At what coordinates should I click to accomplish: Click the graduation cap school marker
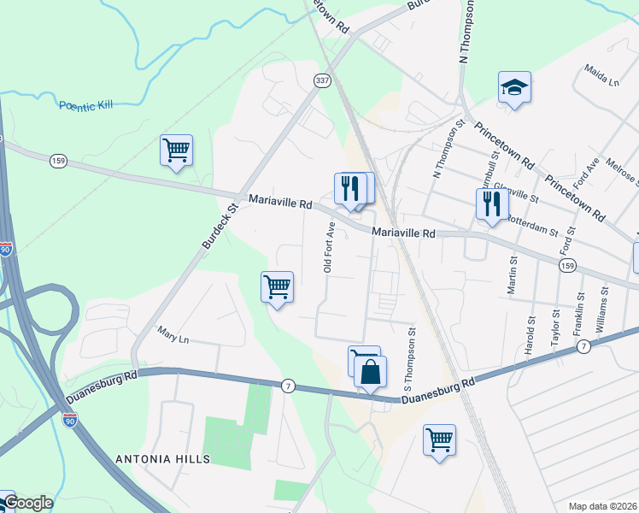tap(514, 88)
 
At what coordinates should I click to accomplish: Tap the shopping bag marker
tap(370, 372)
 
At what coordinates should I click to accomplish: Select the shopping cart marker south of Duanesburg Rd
tap(439, 441)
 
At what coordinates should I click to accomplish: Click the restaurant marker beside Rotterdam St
tap(491, 204)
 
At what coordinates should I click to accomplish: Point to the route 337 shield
tap(321, 80)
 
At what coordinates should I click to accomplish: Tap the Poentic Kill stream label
tap(85, 106)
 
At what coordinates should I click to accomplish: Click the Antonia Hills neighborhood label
tap(162, 459)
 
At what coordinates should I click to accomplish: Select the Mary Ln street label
tap(173, 335)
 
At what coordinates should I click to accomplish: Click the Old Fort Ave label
tap(328, 248)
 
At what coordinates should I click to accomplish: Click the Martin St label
tap(513, 276)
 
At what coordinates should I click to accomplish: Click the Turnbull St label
tap(492, 162)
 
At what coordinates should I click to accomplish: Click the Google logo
tap(27, 503)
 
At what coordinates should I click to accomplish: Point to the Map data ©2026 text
tap(602, 506)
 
